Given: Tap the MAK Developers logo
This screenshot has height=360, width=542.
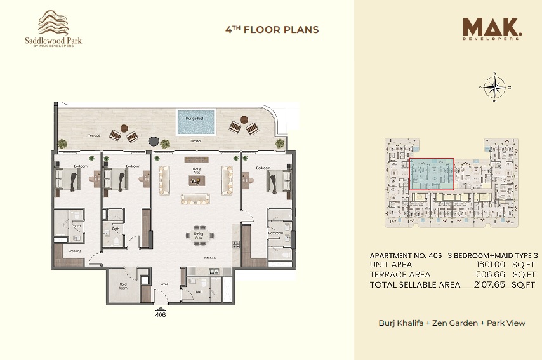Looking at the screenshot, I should (492, 29).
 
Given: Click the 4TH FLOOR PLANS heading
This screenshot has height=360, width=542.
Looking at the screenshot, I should (272, 29).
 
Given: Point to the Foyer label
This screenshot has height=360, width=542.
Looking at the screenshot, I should (163, 284).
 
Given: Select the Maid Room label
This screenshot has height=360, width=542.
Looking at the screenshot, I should (122, 286).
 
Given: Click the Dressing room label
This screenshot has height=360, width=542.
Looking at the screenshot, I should (75, 251).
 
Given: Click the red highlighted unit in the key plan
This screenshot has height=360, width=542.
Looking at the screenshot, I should (432, 175).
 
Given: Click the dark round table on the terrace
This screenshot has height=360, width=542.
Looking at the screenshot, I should (153, 140).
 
